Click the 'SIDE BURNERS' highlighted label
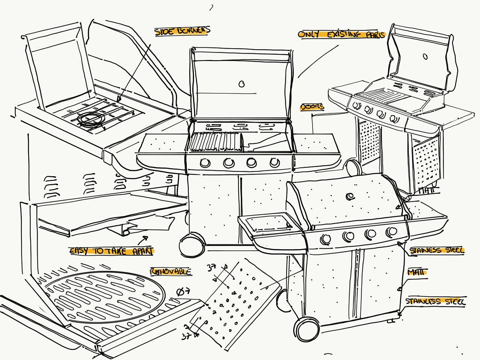tap(182, 31)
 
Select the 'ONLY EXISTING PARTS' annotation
tap(341, 34)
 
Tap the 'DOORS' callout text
tap(312, 107)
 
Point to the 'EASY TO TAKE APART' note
tap(111, 251)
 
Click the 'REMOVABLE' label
tap(171, 271)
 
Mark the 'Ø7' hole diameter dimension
tap(183, 292)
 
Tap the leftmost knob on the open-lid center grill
tap(205, 162)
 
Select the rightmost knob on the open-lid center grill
tap(274, 162)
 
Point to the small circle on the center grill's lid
tap(242, 84)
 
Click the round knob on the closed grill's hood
tap(350, 196)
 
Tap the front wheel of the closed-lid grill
tap(305, 330)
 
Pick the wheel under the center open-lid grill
tap(191, 245)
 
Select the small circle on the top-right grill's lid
tap(425, 56)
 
